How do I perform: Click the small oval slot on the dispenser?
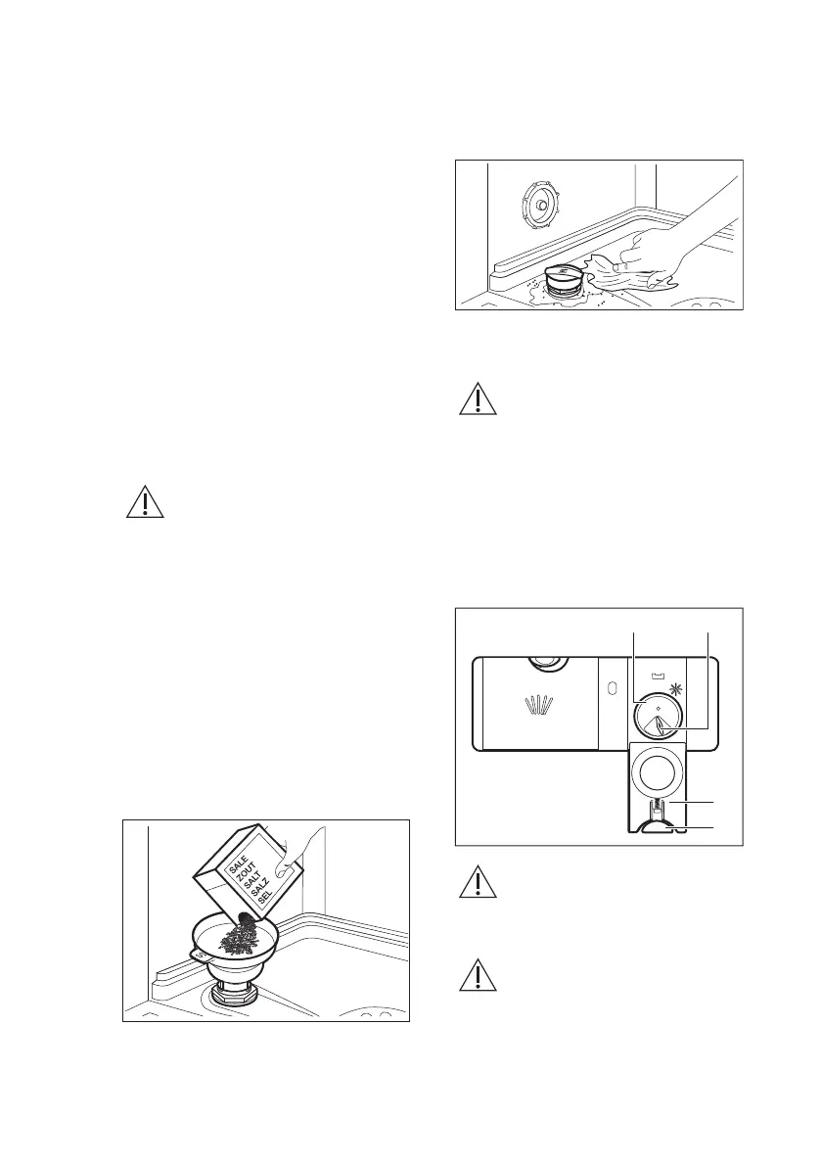[611, 687]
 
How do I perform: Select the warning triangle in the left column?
[145, 500]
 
